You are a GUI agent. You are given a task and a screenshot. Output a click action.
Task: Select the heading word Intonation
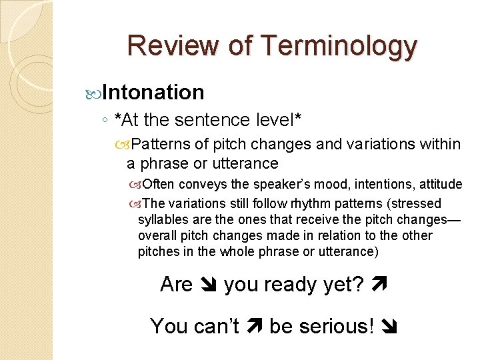pyautogui.click(x=153, y=92)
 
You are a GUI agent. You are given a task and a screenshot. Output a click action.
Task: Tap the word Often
pyautogui.click(x=157, y=184)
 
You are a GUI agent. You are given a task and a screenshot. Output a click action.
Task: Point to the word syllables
pyautogui.click(x=164, y=219)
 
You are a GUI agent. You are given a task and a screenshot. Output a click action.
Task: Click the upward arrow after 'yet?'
pyautogui.click(x=381, y=285)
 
